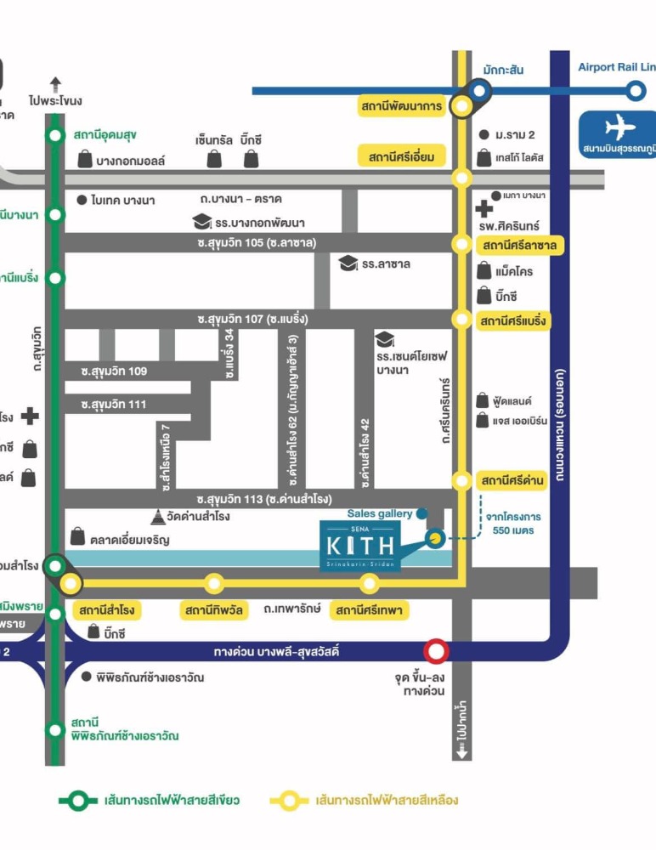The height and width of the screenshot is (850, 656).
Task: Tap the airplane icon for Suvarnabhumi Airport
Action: pyautogui.click(x=619, y=127)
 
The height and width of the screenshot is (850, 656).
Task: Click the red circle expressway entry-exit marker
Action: pyautogui.click(x=437, y=652)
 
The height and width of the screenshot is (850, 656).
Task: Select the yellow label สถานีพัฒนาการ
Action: pyautogui.click(x=402, y=106)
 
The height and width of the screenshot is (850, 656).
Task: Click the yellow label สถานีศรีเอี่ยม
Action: pyautogui.click(x=402, y=156)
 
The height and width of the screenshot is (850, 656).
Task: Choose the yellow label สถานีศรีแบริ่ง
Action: pyautogui.click(x=512, y=320)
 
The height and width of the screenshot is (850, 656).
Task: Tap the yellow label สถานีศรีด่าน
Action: pyautogui.click(x=512, y=480)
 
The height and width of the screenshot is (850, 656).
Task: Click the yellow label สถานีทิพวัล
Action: pyautogui.click(x=213, y=610)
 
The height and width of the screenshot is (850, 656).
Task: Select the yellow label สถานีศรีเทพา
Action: pyautogui.click(x=371, y=610)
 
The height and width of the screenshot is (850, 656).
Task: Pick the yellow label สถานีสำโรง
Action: pyautogui.click(x=107, y=610)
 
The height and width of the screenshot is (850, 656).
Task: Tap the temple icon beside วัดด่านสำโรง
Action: pyautogui.click(x=158, y=517)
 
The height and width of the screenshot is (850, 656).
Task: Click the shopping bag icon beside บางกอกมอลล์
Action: pyautogui.click(x=85, y=159)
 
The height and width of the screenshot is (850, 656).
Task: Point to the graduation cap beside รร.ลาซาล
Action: pyautogui.click(x=348, y=263)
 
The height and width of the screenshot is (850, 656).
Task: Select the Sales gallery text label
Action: pyautogui.click(x=380, y=513)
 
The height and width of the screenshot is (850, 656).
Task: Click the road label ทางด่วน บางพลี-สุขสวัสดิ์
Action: pyautogui.click(x=277, y=652)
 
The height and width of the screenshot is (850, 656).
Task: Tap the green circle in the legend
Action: pyautogui.click(x=79, y=800)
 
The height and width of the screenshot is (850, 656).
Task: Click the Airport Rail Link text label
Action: pyautogui.click(x=616, y=67)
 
